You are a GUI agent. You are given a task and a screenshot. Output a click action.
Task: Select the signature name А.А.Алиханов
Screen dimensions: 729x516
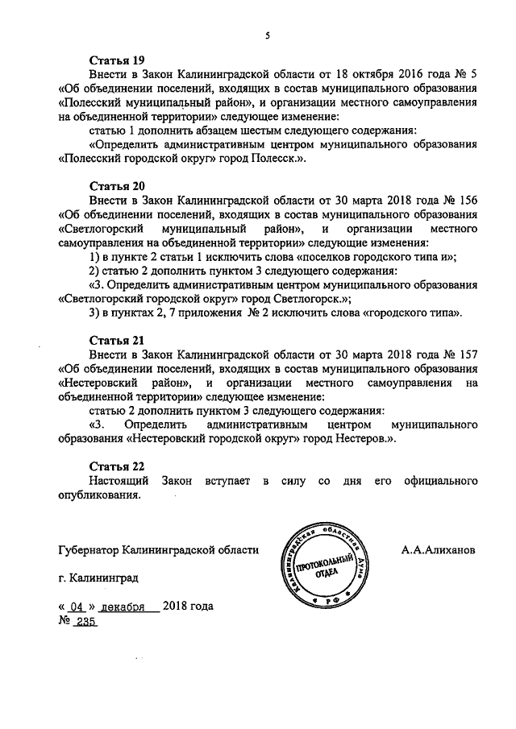(438, 550)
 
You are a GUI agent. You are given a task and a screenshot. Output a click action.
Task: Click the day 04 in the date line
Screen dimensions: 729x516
(77, 607)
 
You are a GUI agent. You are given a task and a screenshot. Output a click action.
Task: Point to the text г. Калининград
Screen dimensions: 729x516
(98, 578)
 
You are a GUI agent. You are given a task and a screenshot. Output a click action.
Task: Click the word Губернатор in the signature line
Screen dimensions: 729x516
(89, 550)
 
